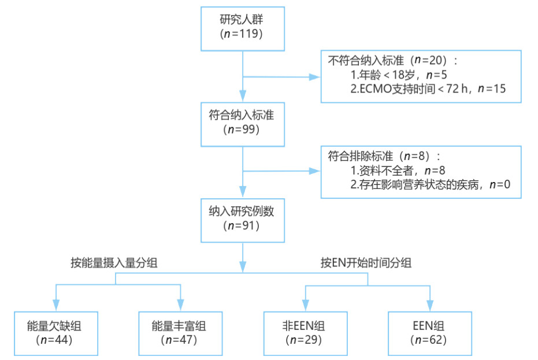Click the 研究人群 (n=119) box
point(242,27)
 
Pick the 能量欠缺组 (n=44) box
point(56,333)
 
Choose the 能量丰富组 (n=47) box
point(180,333)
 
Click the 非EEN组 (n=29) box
point(305,333)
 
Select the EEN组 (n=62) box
point(430,333)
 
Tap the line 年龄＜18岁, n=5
point(399,75)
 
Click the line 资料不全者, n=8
point(399,170)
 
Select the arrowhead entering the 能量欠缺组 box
point(56,305)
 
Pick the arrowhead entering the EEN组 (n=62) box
point(430,305)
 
